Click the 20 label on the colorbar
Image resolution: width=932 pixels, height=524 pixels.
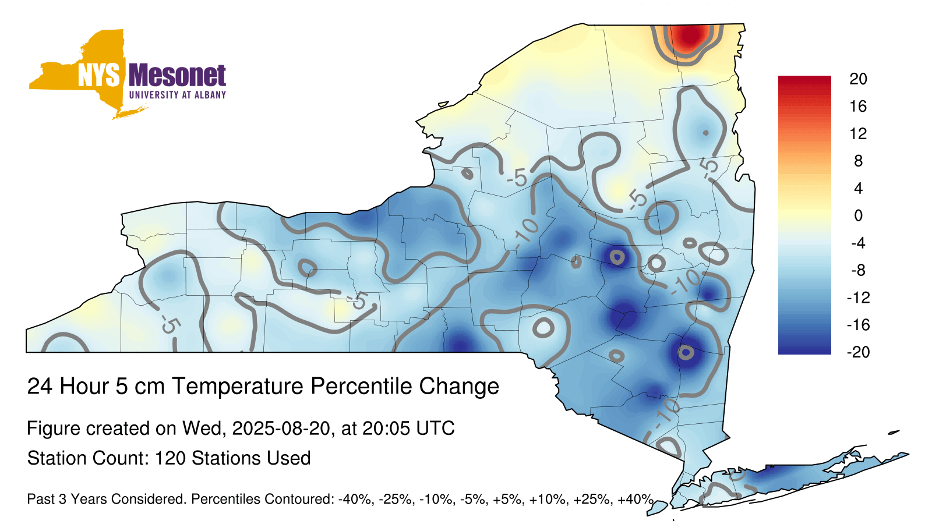tap(859, 79)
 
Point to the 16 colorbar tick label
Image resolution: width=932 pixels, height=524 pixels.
tap(859, 107)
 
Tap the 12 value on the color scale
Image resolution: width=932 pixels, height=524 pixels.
tap(859, 134)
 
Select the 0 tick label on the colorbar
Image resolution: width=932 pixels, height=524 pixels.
tap(859, 216)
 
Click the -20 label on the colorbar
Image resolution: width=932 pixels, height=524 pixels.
tap(859, 352)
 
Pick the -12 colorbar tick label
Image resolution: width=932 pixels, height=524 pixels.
tap(859, 298)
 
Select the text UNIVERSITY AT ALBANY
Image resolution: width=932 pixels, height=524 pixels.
tap(178, 95)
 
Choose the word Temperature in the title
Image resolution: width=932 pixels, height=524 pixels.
tap(238, 387)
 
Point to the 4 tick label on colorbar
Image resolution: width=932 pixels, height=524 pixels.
tap(859, 189)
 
